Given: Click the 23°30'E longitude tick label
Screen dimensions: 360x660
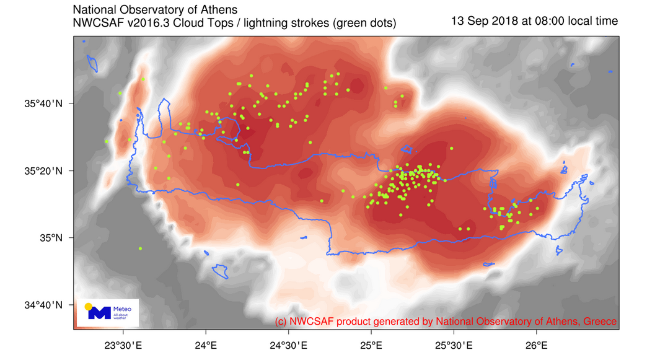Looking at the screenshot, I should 123,345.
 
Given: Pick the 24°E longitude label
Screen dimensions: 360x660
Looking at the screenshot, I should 206,345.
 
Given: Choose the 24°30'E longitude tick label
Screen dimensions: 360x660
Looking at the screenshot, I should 288,345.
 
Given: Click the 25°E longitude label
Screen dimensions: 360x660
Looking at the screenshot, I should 371,345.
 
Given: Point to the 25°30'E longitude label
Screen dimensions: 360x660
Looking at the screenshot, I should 453,345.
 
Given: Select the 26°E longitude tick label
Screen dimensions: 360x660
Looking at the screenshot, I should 535,345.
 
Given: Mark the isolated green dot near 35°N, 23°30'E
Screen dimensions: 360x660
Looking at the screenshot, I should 141,248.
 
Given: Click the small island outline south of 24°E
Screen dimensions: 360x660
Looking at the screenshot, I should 220,270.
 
